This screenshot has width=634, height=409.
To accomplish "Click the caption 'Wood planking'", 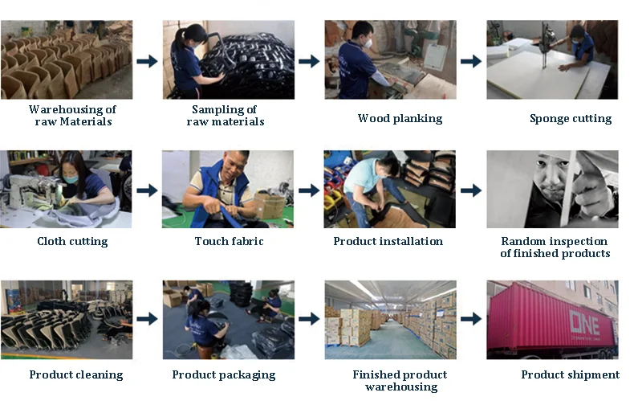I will point(400,119).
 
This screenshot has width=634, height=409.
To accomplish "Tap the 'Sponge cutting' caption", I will point(570,119).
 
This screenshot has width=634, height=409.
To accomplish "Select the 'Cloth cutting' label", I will point(72,241).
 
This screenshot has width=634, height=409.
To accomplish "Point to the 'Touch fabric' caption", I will point(229,241).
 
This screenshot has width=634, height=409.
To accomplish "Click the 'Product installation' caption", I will point(388,241).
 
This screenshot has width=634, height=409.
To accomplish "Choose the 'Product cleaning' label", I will point(76,374).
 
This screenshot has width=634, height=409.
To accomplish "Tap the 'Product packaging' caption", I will point(223,374).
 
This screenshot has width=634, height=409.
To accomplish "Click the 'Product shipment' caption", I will point(570,374).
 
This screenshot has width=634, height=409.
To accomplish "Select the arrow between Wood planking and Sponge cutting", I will point(471,61).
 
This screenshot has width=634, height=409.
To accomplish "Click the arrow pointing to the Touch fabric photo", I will point(147,190).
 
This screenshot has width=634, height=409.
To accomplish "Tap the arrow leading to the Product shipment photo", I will point(471,319).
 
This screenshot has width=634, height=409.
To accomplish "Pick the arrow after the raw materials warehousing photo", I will point(147,61).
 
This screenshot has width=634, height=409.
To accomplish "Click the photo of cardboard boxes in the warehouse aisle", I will point(390,319).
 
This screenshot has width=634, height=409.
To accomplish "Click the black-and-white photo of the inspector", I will point(552,189).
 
